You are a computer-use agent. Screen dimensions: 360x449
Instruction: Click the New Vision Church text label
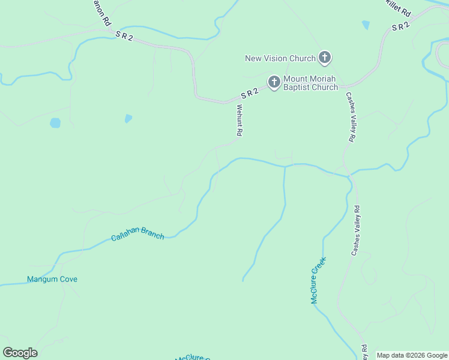point(280,58)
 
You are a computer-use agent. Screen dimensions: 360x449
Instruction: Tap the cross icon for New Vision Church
point(325,58)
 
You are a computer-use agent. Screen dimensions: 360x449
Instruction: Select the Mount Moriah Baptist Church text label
point(310,83)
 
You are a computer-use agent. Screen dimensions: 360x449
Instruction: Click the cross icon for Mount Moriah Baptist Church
point(274,82)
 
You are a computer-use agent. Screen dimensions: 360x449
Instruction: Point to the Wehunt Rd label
point(239,121)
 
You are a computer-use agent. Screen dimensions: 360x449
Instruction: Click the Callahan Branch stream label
point(137,235)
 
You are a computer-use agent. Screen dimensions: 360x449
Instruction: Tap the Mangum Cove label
point(52,279)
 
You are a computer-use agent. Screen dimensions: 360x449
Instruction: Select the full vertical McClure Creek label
point(318,280)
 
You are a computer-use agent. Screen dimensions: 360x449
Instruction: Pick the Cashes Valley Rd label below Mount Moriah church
point(349,116)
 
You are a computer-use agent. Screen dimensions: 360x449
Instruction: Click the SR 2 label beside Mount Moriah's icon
point(249,94)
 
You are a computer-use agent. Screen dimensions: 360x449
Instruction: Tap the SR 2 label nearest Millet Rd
point(400,26)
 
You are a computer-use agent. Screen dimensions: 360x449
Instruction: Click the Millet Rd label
point(398,8)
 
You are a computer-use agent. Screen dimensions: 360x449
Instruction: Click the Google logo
point(20,353)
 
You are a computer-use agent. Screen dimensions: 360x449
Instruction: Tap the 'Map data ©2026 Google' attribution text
point(412,355)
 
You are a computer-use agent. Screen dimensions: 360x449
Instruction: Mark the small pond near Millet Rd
point(366,25)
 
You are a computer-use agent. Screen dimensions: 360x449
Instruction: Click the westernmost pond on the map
point(55,123)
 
